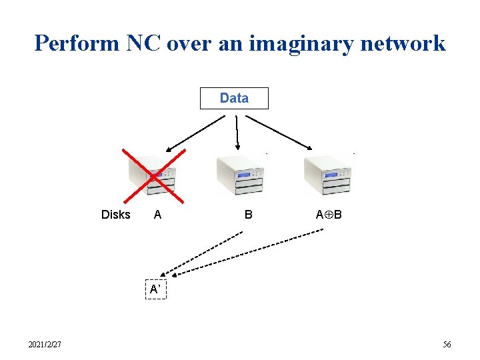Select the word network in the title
(x=405, y=43)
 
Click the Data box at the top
(x=234, y=98)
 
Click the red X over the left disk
(x=153, y=175)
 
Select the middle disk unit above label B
(x=240, y=175)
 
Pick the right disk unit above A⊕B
(x=327, y=175)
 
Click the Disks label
(x=115, y=215)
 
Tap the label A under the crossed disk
(x=157, y=215)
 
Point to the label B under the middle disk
(x=248, y=215)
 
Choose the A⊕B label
(x=329, y=215)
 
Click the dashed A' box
(x=155, y=289)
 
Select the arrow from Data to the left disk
(x=196, y=133)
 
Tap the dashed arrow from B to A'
(x=203, y=253)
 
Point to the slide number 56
(x=447, y=345)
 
